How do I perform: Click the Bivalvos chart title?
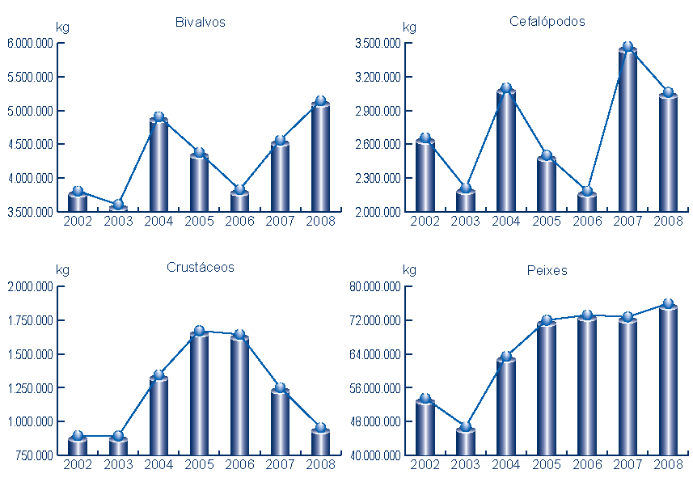click(200, 22)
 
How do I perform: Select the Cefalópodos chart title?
click(547, 22)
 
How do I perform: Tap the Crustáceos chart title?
click(200, 268)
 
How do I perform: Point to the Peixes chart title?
click(547, 270)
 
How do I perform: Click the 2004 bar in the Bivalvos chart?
click(158, 166)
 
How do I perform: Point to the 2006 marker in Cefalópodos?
click(586, 192)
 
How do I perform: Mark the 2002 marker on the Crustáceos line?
click(78, 436)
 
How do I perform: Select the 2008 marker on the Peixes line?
click(667, 304)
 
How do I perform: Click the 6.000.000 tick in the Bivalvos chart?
click(30, 44)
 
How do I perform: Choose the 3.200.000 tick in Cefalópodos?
click(378, 77)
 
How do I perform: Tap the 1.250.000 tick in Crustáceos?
click(30, 388)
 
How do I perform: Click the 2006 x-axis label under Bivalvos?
click(239, 221)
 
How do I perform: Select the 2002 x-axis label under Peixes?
click(425, 464)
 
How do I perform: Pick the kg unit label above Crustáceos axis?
click(62, 270)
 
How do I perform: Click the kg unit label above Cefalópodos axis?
click(409, 27)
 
